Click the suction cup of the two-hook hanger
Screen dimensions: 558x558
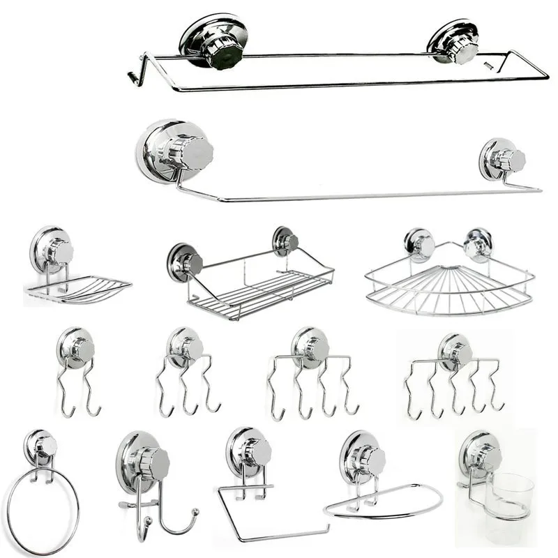pos(76,345)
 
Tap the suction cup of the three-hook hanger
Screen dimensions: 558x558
pos(185,345)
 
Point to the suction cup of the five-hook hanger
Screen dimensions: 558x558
pos(455,351)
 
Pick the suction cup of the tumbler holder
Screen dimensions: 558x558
pos(480,452)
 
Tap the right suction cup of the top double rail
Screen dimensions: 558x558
pos(453,42)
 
